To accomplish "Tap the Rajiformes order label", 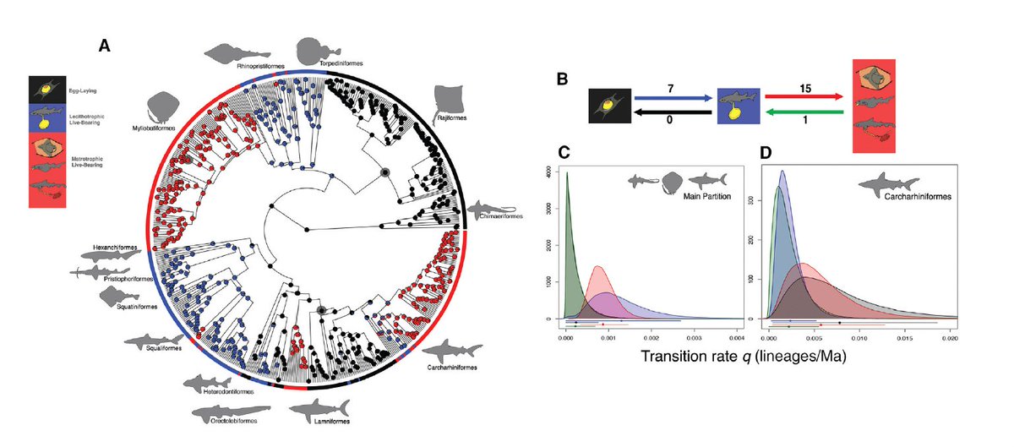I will pyautogui.click(x=456, y=119).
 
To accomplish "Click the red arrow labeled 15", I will pyautogui.click(x=803, y=97).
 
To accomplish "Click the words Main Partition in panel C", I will pyautogui.click(x=706, y=196).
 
